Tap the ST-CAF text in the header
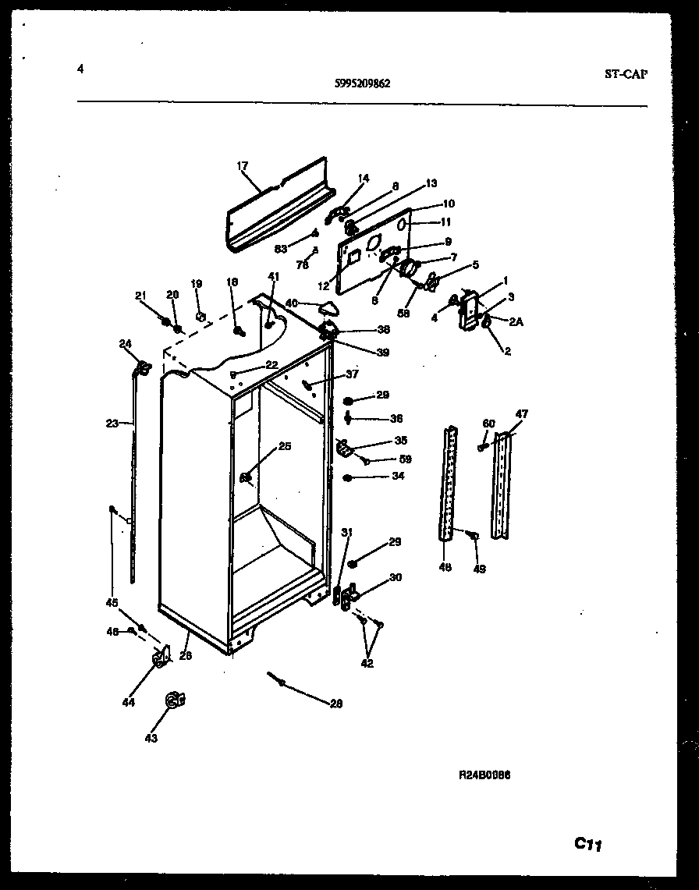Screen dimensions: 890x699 point(626,75)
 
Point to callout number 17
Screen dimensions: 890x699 point(242,165)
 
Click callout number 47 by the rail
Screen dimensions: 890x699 point(521,414)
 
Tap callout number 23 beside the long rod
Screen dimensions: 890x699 point(112,424)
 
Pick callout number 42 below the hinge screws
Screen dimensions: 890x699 point(367,664)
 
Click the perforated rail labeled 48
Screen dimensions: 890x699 point(447,484)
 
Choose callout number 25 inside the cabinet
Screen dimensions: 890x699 point(284,447)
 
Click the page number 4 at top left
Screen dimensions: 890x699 point(80,69)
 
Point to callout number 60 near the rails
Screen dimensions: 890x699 point(489,424)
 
